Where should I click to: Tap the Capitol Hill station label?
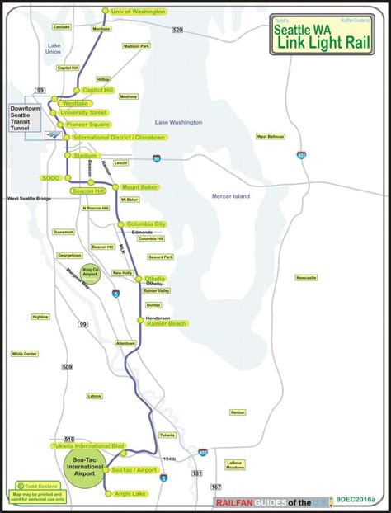pyautogui.click(x=97, y=90)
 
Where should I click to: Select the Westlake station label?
pyautogui.click(x=77, y=102)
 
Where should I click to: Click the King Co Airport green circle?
pyautogui.click(x=91, y=275)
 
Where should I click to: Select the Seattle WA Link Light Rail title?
pyautogui.click(x=326, y=34)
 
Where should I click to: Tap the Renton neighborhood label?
pyautogui.click(x=238, y=412)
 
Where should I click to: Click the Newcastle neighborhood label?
pyautogui.click(x=306, y=277)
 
